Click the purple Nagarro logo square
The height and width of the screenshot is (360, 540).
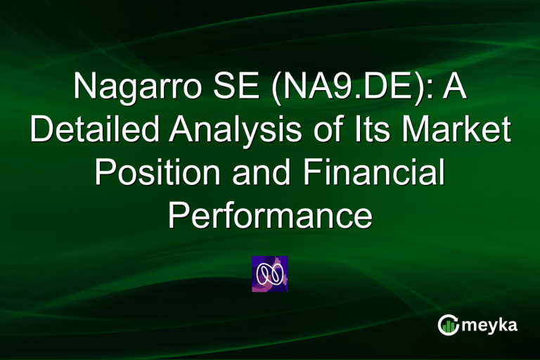(x=270, y=274)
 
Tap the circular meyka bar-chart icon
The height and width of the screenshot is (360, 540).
(x=448, y=325)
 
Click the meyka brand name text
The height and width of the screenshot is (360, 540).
(x=491, y=326)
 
